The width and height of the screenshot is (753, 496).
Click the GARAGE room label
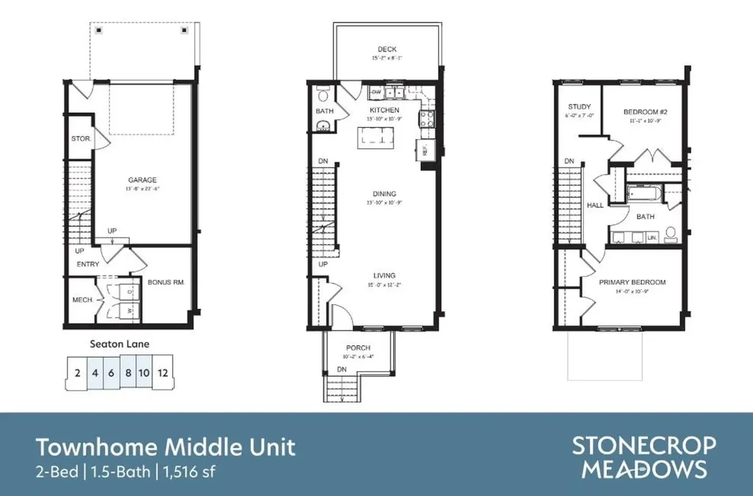[142, 180]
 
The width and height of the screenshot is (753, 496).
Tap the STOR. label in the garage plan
[80, 138]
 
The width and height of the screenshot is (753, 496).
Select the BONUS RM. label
[165, 282]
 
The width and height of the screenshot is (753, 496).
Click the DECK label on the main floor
[387, 50]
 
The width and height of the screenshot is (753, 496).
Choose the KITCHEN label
[385, 110]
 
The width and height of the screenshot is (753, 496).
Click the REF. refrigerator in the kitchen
[425, 149]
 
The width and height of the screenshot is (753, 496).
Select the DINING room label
[384, 194]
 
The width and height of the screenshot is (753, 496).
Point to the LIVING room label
[384, 277]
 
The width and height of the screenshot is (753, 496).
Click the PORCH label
[358, 348]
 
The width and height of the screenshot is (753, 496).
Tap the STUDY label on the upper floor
[579, 107]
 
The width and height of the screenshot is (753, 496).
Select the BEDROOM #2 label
[644, 112]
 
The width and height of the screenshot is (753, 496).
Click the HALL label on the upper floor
[595, 205]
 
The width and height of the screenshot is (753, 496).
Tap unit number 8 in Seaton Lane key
[128, 373]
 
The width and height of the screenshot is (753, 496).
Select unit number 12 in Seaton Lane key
[163, 373]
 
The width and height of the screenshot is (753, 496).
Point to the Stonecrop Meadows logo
[643, 457]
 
